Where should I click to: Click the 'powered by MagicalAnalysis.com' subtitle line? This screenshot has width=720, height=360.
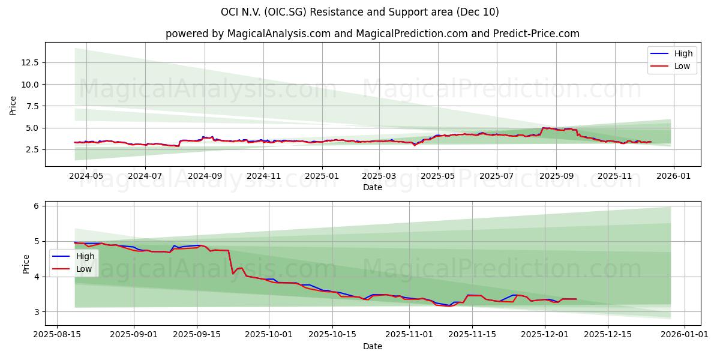(373, 34)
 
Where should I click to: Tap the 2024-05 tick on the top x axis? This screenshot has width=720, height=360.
(86, 176)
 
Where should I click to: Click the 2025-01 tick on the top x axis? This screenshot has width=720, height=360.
(322, 176)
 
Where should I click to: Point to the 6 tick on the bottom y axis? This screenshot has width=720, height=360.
(36, 206)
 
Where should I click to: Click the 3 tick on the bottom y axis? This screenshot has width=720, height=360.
(36, 312)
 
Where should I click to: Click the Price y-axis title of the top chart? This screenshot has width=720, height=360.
(13, 106)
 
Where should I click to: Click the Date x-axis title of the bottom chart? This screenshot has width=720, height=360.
(373, 346)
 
